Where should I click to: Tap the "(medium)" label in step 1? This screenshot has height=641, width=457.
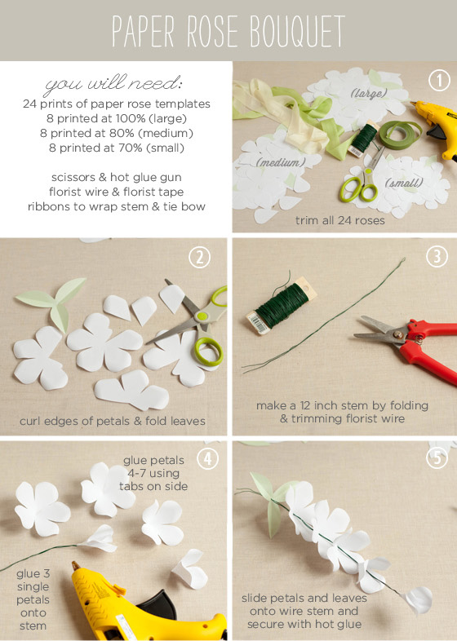(x=277, y=162)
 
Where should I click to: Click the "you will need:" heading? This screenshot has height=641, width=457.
(x=114, y=84)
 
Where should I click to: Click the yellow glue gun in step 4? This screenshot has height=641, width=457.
(x=106, y=595)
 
